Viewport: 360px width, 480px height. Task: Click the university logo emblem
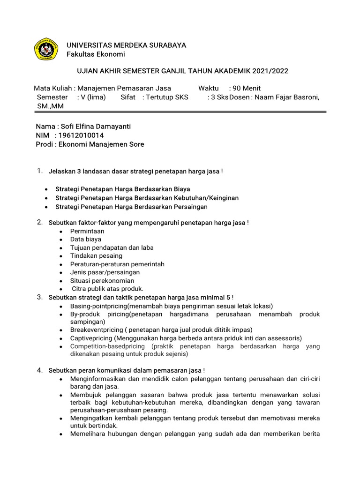[x=46, y=49]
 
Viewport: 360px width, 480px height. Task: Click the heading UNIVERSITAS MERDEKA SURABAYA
[x=126, y=45]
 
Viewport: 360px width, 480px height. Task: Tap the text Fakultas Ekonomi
[x=96, y=54]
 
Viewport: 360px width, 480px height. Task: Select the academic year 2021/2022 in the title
[x=270, y=71]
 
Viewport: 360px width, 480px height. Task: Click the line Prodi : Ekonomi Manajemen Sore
[x=90, y=144]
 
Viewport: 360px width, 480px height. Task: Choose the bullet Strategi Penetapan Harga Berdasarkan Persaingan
[x=131, y=206]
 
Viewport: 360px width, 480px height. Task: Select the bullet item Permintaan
[x=87, y=231]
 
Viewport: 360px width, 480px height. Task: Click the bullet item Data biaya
[x=85, y=239]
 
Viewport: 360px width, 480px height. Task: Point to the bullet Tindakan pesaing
[x=96, y=255]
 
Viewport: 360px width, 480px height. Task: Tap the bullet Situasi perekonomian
[x=102, y=280]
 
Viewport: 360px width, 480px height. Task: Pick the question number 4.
[x=40, y=370]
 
